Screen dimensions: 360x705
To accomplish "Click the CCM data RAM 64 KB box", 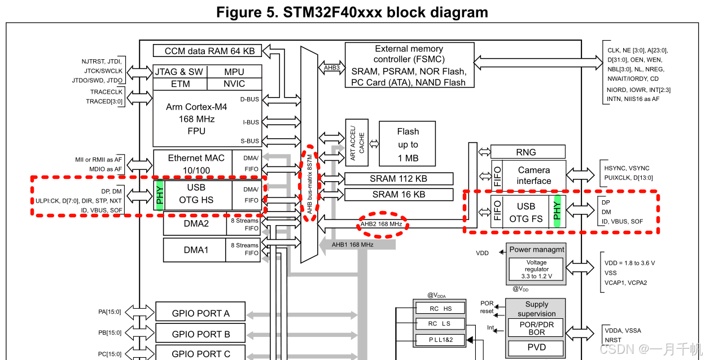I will point(209,51).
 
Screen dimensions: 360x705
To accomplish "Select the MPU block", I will point(234,72).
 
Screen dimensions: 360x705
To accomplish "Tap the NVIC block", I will point(234,84).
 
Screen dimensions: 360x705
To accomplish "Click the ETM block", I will point(180,84).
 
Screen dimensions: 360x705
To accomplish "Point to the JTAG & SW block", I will point(180,72).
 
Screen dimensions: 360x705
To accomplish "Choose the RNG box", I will point(528,152).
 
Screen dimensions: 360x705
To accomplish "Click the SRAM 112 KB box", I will point(399,179).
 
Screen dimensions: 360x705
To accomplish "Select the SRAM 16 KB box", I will point(399,195).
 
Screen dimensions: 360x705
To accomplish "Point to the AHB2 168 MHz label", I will point(381,224).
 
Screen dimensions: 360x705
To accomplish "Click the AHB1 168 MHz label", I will point(352,245).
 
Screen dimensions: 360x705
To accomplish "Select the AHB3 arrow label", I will point(331,68).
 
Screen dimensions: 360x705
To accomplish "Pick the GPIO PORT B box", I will point(200,333).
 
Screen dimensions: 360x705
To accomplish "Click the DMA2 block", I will point(195,223).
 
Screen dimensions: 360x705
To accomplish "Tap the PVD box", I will point(536,348).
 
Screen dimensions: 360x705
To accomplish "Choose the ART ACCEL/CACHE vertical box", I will point(357,143).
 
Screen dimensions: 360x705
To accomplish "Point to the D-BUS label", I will point(249,99).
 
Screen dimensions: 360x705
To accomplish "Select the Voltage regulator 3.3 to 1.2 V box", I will point(536,269).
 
